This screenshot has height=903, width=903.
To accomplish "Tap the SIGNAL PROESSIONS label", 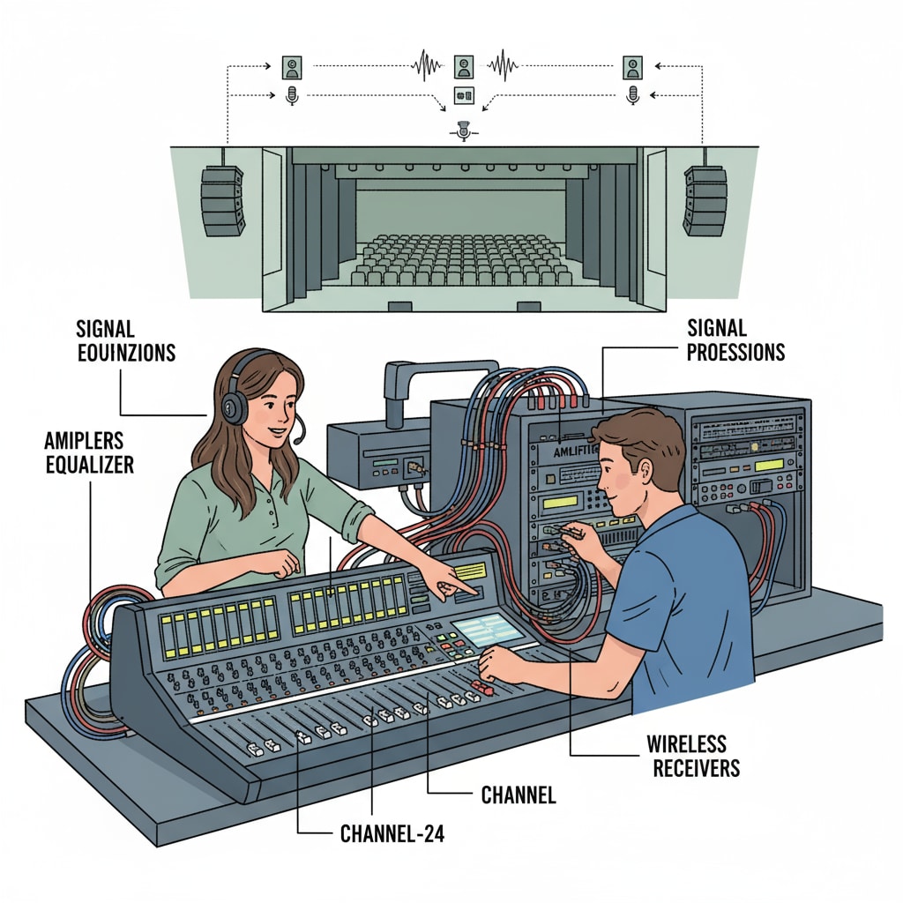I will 735,340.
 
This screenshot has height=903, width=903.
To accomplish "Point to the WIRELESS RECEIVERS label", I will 696,756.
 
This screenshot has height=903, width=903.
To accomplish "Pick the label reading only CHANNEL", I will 519,795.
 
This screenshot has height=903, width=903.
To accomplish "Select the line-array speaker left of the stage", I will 222,201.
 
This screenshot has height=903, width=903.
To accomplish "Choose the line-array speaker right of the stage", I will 705,201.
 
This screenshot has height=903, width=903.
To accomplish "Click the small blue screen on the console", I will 487,629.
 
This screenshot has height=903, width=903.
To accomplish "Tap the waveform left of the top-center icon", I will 427,65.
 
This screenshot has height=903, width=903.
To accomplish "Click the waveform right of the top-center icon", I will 503,65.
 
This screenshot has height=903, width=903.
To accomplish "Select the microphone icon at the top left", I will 292,96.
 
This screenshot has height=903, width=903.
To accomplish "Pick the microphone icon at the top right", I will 631,96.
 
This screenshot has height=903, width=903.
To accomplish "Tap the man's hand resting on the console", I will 498,660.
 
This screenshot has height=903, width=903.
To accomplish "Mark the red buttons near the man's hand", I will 483,684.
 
